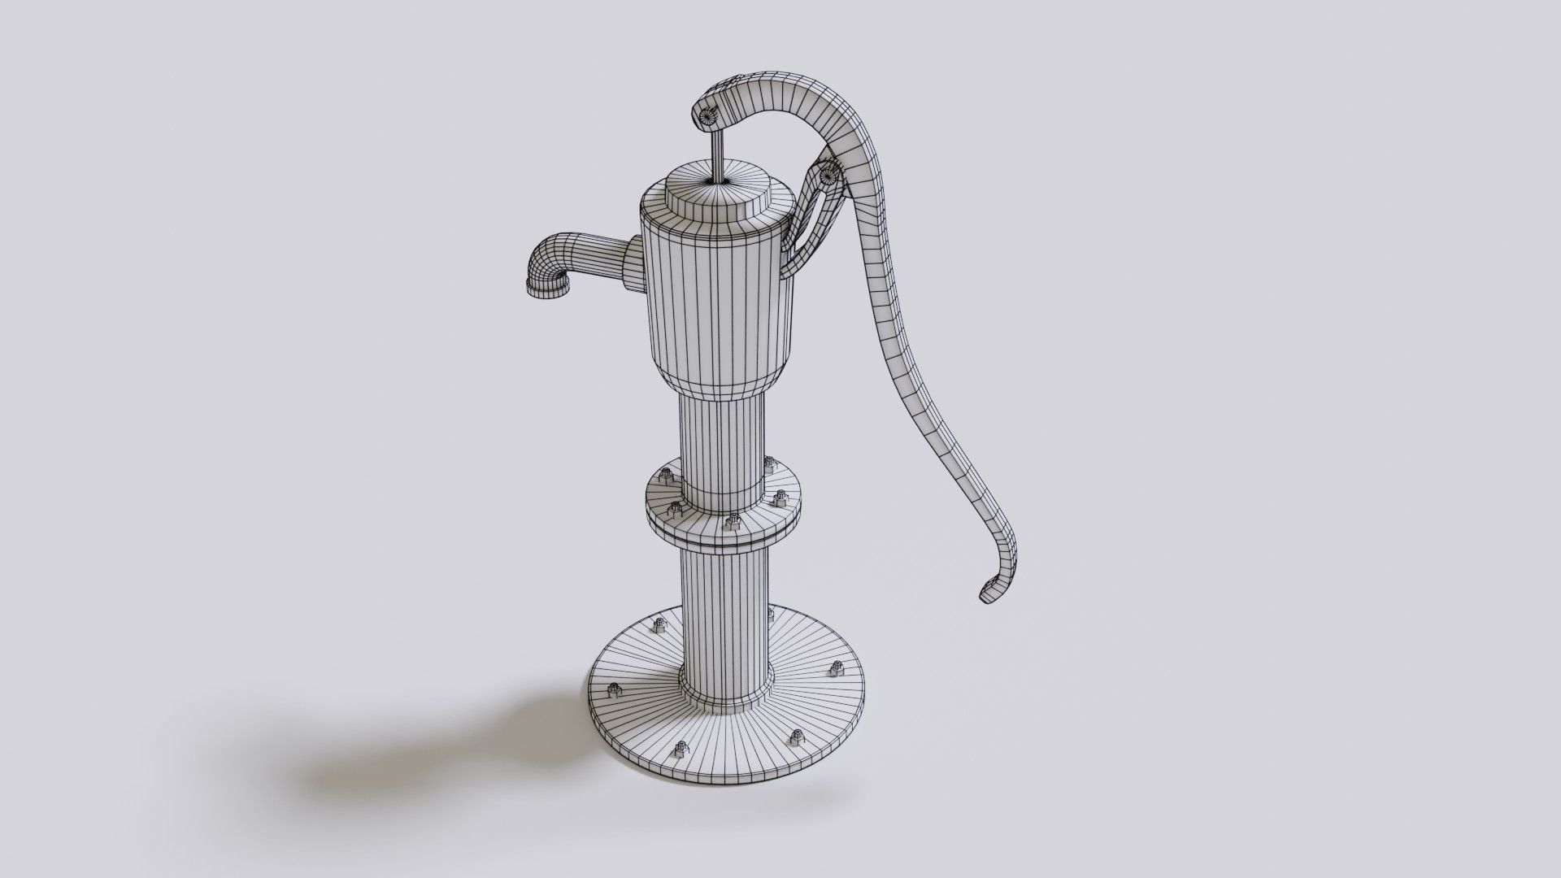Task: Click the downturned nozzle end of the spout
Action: pyautogui.click(x=546, y=287)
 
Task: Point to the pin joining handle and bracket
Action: pyautogui.click(x=829, y=172)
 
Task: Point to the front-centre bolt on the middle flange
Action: pyautogui.click(x=734, y=520)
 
